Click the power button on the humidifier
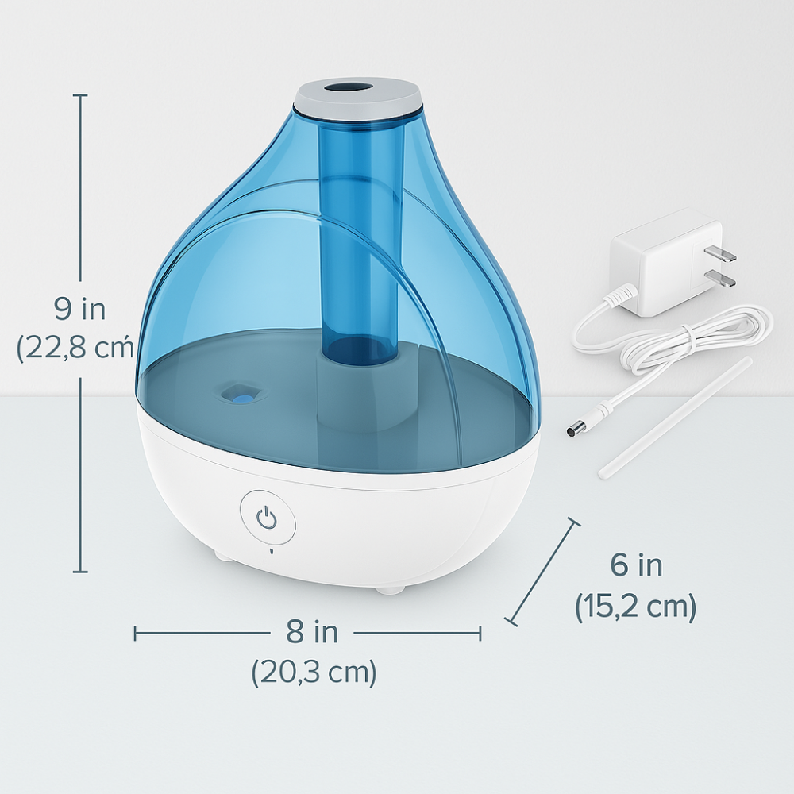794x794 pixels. [268, 520]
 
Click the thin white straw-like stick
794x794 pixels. [675, 418]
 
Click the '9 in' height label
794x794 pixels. [80, 308]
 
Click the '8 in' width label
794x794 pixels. [312, 633]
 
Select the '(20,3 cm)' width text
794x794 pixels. [314, 673]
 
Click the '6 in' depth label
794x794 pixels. [636, 565]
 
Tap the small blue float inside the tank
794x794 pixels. [243, 391]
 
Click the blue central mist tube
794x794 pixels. [357, 238]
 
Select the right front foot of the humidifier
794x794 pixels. [390, 588]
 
